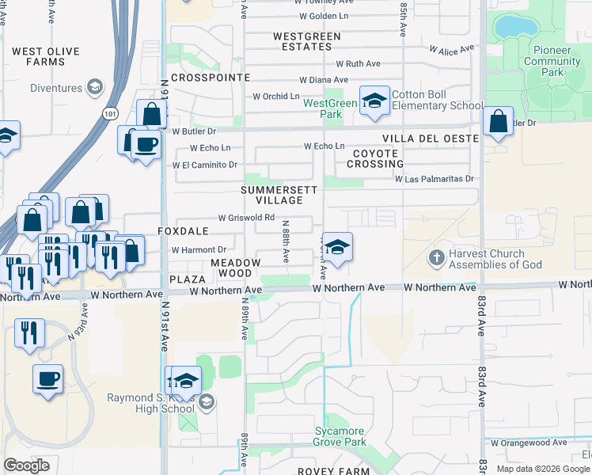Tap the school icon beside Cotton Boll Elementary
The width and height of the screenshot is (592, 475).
pyautogui.click(x=374, y=101)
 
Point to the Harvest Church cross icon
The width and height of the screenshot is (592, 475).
pyautogui.click(x=436, y=258)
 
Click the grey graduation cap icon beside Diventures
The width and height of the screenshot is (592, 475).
pyautogui.click(x=95, y=86)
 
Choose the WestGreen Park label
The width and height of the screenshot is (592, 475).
pyautogui.click(x=330, y=108)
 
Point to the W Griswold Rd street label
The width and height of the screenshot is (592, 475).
pyautogui.click(x=246, y=218)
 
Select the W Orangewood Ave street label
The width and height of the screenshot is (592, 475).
pyautogui.click(x=528, y=443)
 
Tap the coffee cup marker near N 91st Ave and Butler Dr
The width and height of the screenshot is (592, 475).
pyautogui.click(x=146, y=145)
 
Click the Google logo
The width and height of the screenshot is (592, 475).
pyautogui.click(x=27, y=465)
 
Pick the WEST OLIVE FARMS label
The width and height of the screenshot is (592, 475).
pyautogui.click(x=45, y=56)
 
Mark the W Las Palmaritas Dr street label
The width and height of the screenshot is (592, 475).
pyautogui.click(x=435, y=179)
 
